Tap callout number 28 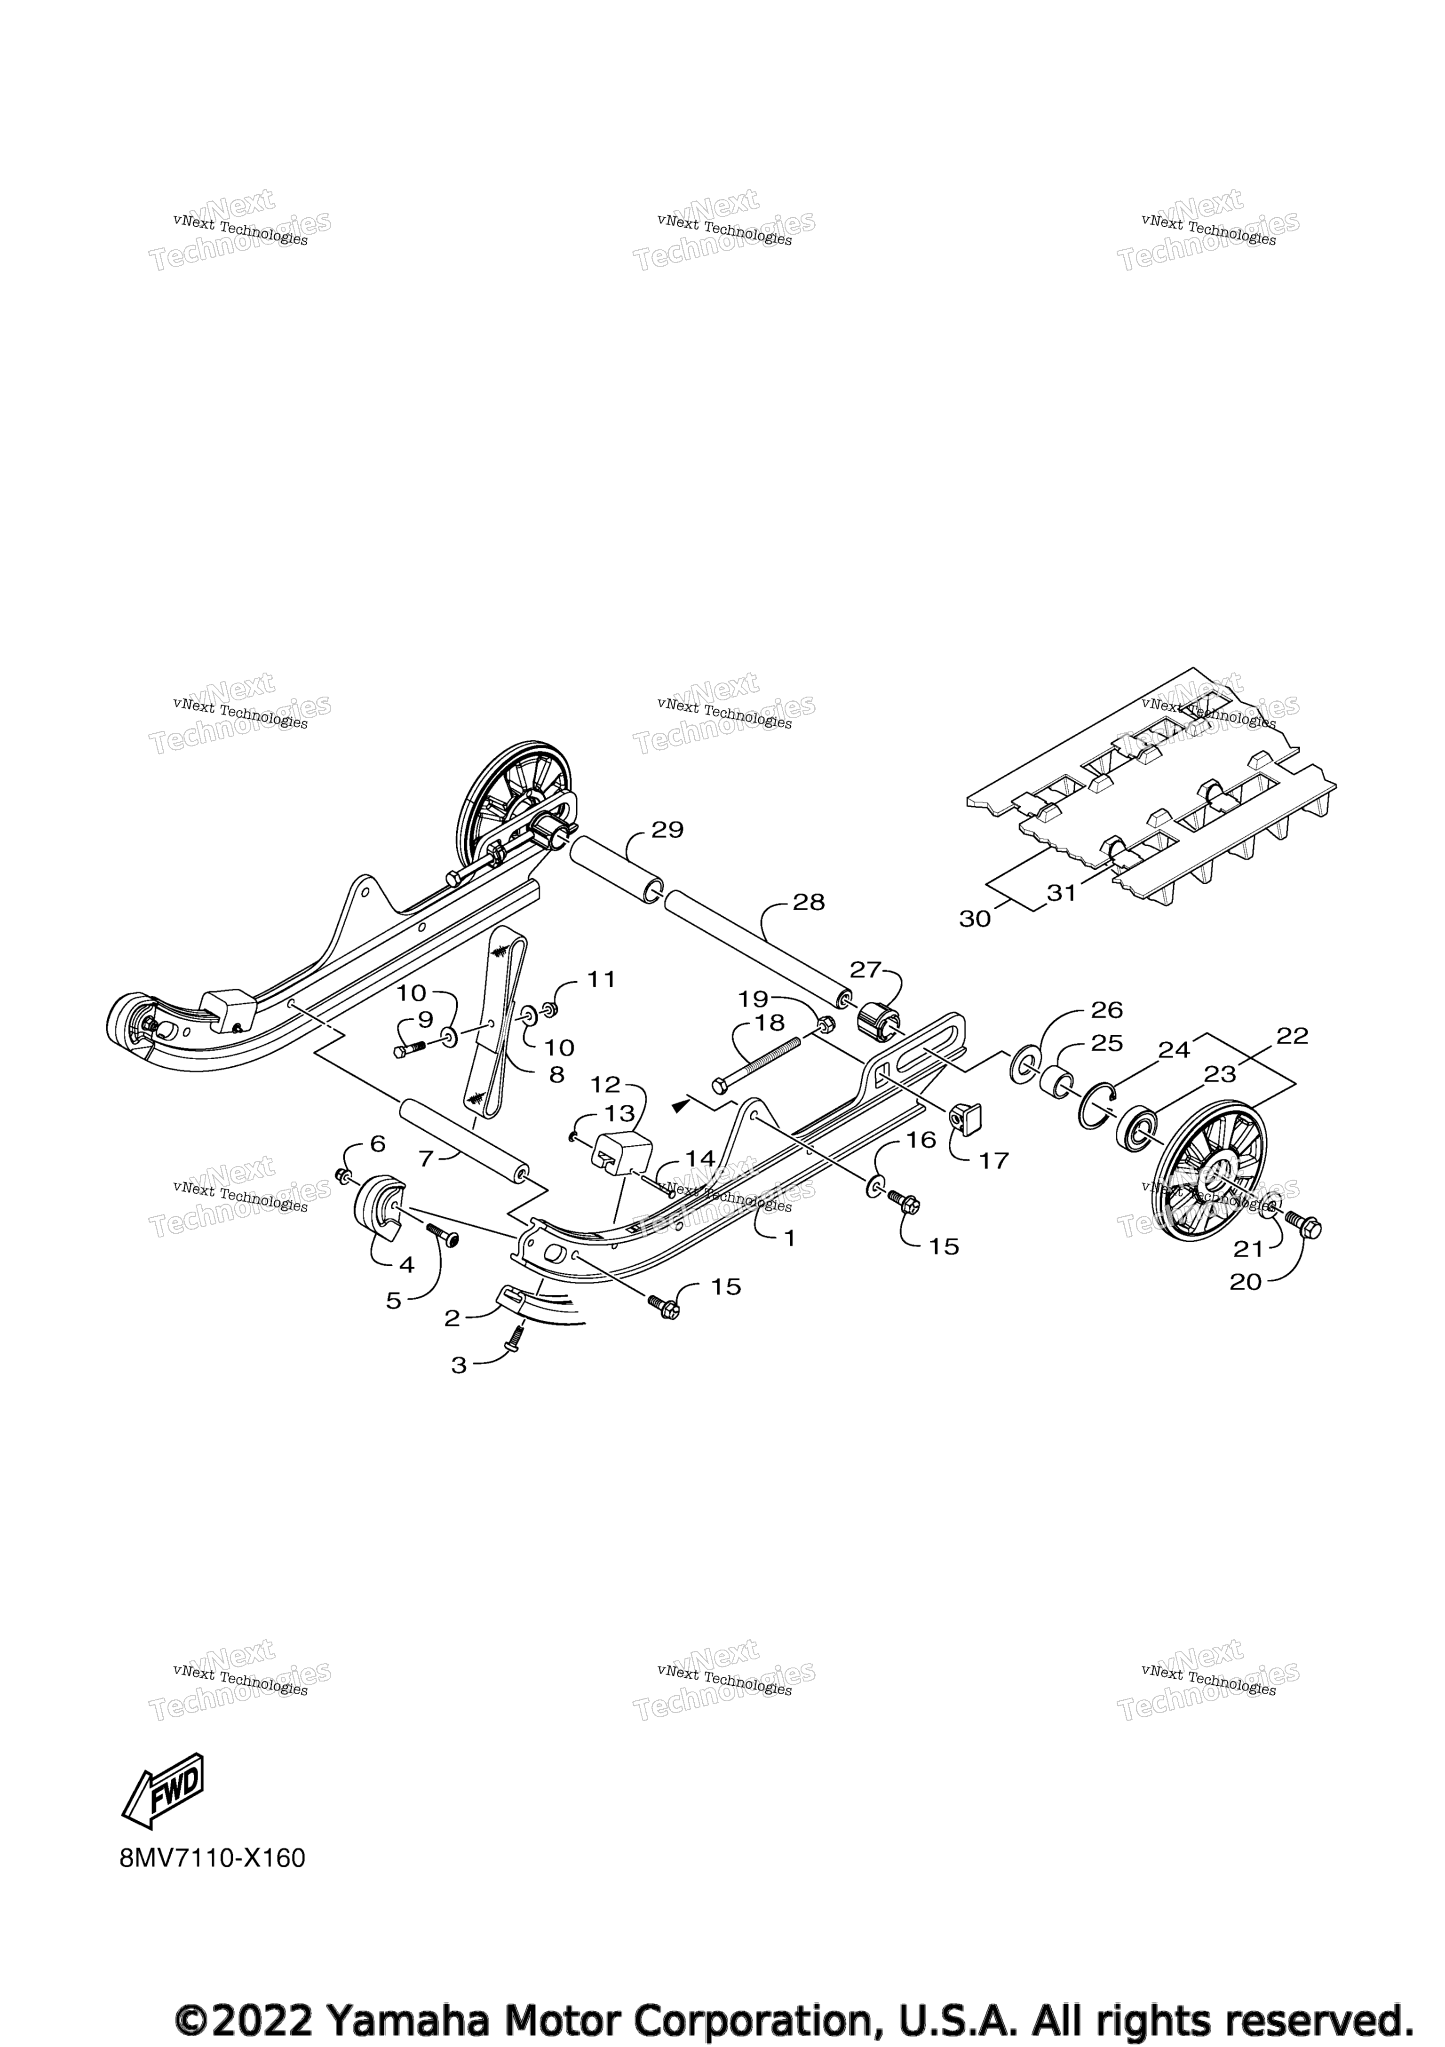coord(809,902)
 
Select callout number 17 coord(994,1161)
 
